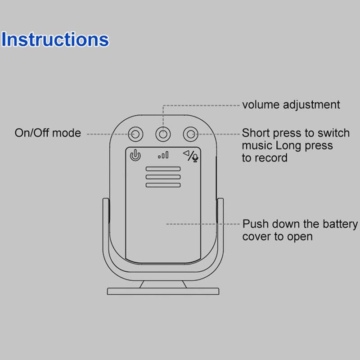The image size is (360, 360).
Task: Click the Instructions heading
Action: tap(55, 40)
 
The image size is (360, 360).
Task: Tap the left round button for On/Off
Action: tap(135, 134)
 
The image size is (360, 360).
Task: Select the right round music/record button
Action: tap(190, 134)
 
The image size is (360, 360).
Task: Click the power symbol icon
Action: tap(135, 156)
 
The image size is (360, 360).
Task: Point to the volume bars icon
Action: tap(163, 155)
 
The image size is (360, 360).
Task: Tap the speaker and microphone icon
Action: tap(190, 156)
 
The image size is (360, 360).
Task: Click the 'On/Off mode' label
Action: tap(48, 133)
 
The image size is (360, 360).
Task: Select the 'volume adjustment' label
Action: tap(291, 105)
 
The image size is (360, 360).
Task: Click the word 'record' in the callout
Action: tap(271, 158)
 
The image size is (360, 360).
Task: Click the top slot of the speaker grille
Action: tap(163, 169)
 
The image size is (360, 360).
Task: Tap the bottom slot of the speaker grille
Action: tap(163, 185)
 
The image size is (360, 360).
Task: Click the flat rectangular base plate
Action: tap(163, 291)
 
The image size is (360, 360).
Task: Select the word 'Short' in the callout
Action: tap(255, 133)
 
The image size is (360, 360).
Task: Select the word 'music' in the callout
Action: tap(257, 146)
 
